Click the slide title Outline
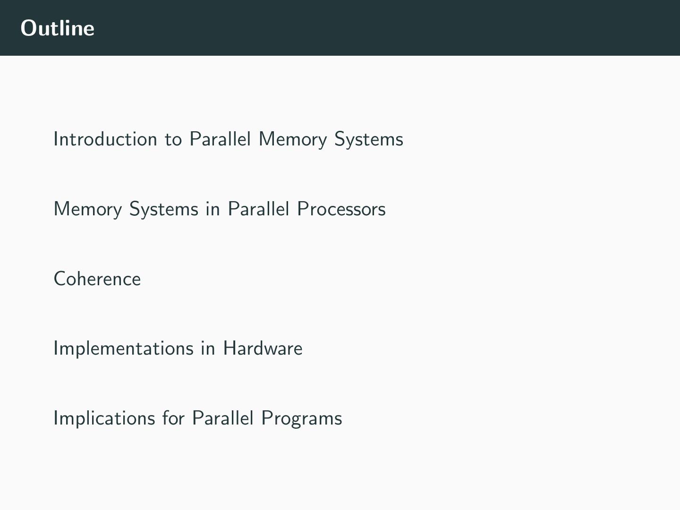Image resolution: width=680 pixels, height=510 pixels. [x=58, y=28]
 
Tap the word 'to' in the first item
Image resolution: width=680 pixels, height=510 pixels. [x=173, y=140]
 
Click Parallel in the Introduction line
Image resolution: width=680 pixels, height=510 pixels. [x=220, y=139]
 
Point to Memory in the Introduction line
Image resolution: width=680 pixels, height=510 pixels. [x=292, y=140]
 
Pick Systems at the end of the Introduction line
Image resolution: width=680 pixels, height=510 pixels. [x=368, y=140]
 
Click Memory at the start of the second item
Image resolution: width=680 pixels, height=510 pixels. [x=88, y=209]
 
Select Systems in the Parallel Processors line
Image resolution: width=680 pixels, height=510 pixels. [x=163, y=209]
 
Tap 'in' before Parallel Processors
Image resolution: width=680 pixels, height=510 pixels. [x=212, y=209]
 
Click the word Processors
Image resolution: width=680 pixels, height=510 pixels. [x=341, y=209]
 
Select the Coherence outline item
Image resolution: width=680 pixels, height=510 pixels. [x=97, y=279]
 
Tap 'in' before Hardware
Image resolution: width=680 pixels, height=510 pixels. [x=208, y=348]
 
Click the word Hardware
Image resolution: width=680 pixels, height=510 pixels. [x=263, y=348]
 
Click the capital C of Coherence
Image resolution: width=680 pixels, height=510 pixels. [x=59, y=279]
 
